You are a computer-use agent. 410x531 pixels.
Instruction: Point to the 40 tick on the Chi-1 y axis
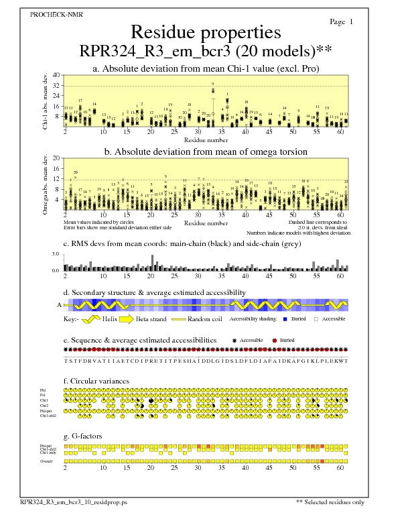click(56, 75)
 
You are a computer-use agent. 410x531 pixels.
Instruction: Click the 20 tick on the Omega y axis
click(56, 158)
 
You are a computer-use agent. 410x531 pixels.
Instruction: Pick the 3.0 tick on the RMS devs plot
click(56, 255)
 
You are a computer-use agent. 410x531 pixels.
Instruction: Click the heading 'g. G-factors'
click(84, 436)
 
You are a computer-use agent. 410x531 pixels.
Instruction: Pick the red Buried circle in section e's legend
click(275, 341)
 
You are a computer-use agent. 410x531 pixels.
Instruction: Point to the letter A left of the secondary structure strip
click(59, 304)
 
